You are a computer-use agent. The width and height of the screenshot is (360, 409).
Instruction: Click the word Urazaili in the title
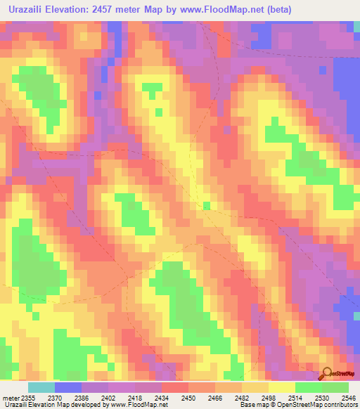[x=29, y=9]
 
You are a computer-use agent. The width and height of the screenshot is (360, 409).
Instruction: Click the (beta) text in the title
[x=275, y=9]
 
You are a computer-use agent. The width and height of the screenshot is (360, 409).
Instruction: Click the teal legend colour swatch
[x=41, y=387]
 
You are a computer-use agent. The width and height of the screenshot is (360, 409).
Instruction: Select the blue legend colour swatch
[x=68, y=387]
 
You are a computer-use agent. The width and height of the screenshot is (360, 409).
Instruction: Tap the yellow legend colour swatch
[x=281, y=387]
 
